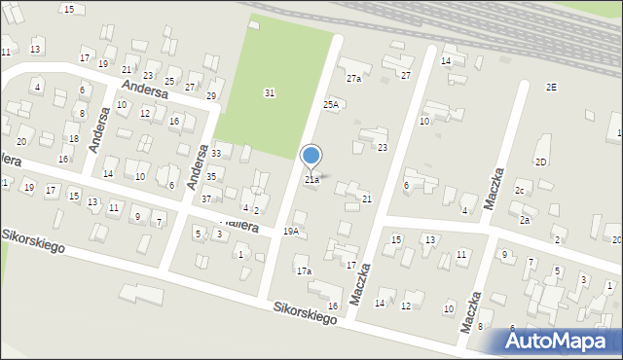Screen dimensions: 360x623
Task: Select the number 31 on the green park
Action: pos(270,92)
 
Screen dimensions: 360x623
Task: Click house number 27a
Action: pos(353,79)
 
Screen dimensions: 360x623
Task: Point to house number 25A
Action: pos(331,104)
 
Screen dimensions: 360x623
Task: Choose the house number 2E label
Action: pos(551,88)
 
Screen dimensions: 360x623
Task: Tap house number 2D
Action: pos(540,162)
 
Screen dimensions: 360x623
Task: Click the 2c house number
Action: pos(520,190)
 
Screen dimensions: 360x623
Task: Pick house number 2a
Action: pos(524,221)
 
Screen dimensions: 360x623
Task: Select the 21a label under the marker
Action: pos(311,180)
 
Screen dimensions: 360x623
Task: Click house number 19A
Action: pos(290,232)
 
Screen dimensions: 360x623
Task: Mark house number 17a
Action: pos(304,271)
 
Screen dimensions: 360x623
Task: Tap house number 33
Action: pos(216,154)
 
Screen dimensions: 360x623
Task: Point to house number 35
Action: pos(210,176)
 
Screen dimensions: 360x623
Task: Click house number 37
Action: pos(206,198)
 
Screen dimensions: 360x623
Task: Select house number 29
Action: pos(210,95)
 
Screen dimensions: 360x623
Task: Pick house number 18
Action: pos(72,126)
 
